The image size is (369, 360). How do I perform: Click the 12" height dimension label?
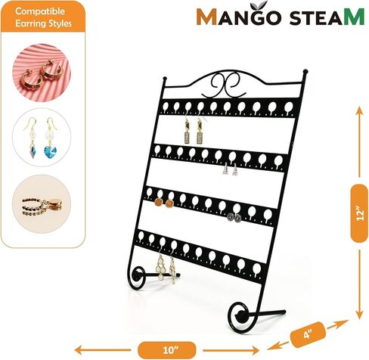tap(359, 213)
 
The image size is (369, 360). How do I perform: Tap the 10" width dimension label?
tap(167, 350)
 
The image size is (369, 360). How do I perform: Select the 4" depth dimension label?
tap(308, 334)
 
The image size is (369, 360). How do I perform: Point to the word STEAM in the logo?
tap(327, 17)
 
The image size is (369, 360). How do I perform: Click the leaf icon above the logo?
tap(261, 5)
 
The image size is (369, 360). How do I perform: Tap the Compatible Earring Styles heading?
tap(43, 17)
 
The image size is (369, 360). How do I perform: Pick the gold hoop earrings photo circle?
tap(42, 73)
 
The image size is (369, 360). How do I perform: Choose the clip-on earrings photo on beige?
tap(42, 204)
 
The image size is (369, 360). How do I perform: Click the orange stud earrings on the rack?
tap(164, 203)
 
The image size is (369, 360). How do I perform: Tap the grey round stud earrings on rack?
tap(234, 217)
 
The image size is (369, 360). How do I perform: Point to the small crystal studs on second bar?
tap(230, 169)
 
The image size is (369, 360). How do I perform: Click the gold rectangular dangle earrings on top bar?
tap(194, 131)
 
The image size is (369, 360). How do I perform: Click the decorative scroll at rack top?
tap(224, 85)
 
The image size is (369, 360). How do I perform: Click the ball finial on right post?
tap(305, 71)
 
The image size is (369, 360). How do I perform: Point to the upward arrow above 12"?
tap(359, 142)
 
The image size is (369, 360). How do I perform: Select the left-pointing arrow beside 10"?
tap(103, 350)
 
